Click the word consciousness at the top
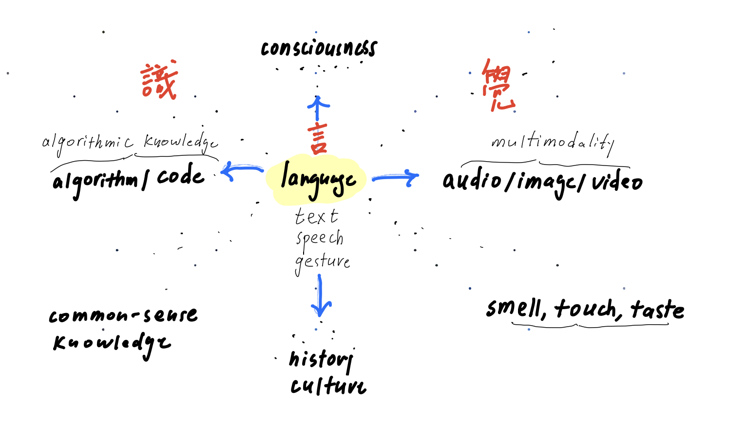click(x=319, y=49)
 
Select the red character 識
click(x=159, y=81)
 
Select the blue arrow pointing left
click(x=240, y=171)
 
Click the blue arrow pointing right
click(x=396, y=178)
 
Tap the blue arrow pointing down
click(x=320, y=296)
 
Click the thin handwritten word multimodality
click(x=552, y=142)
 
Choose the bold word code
click(x=180, y=176)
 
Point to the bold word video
click(x=617, y=182)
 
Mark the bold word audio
click(x=472, y=181)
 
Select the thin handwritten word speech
click(x=320, y=239)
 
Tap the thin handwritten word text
click(x=316, y=217)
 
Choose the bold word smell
click(x=514, y=309)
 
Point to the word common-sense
click(x=123, y=315)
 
